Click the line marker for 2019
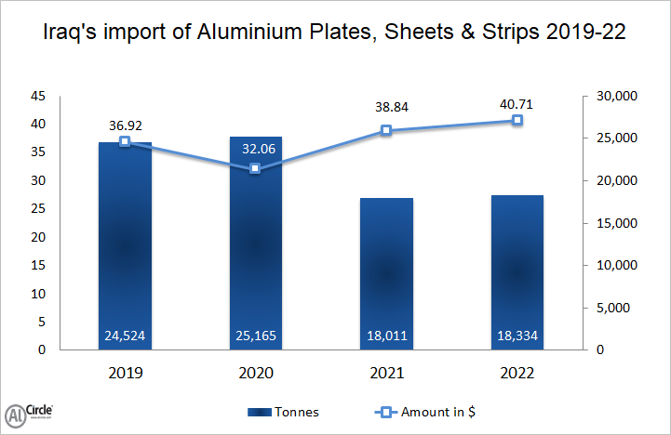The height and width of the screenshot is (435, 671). coord(125,141)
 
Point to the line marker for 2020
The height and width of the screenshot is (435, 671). coord(256,168)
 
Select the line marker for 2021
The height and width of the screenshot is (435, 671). coord(387,131)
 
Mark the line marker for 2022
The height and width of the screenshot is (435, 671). coord(517,120)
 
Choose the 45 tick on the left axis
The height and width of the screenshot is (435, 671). coord(37,97)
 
